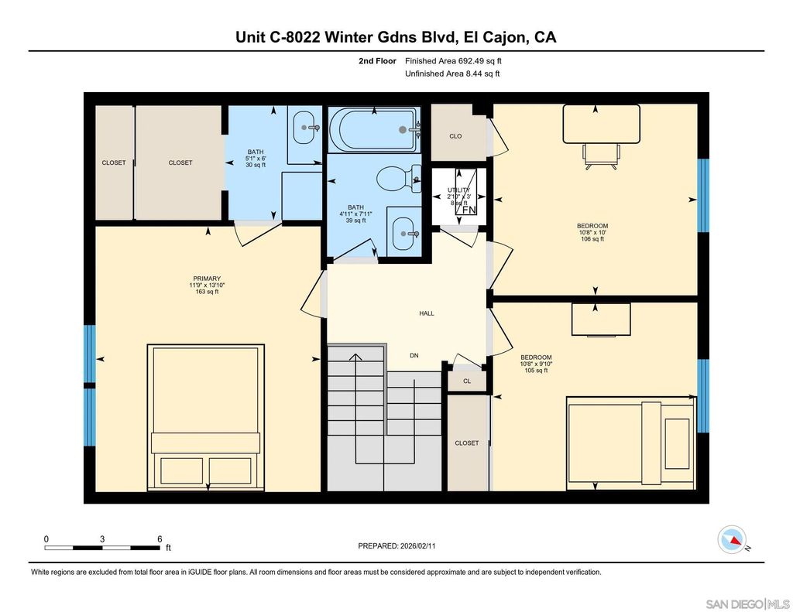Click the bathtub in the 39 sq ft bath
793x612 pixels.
tap(374, 129)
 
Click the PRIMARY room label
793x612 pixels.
tap(207, 279)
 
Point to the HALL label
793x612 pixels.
tap(427, 313)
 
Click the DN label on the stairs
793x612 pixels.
tap(414, 356)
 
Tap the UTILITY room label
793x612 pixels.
tap(458, 190)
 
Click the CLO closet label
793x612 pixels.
tap(455, 136)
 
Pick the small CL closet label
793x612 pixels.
tap(467, 381)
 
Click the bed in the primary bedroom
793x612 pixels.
tap(204, 418)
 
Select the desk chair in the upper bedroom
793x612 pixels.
tap(601, 155)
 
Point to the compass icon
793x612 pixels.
tap(733, 538)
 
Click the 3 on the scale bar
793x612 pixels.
tap(102, 538)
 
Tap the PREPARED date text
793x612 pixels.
tap(396, 545)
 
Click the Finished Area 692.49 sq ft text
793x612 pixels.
tap(458, 60)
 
